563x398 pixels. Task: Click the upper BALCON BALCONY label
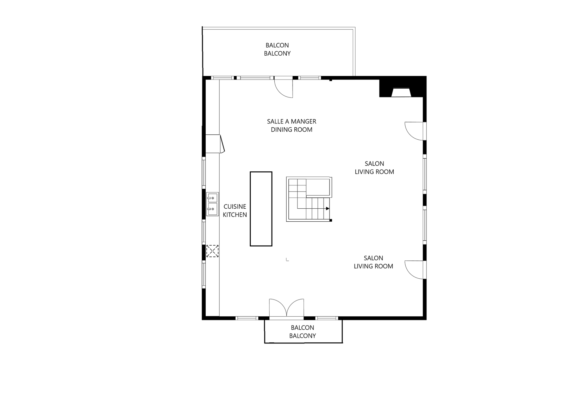click(x=277, y=49)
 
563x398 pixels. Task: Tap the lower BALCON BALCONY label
click(x=302, y=331)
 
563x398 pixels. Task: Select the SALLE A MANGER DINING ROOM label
click(x=291, y=125)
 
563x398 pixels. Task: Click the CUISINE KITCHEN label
click(x=235, y=210)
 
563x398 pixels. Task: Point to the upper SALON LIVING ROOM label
click(x=374, y=168)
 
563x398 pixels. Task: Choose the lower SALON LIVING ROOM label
click(x=373, y=262)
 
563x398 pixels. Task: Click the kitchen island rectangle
click(x=261, y=209)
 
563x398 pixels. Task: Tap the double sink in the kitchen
click(x=212, y=204)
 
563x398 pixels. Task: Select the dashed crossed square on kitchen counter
click(x=212, y=251)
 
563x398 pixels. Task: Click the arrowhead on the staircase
click(x=328, y=209)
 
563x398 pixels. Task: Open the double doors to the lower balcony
click(x=286, y=309)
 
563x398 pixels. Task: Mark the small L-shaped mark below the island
click(x=287, y=260)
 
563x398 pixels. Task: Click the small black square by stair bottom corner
click(x=331, y=220)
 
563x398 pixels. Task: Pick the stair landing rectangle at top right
click(x=318, y=187)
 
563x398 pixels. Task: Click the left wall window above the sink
click(x=204, y=171)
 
